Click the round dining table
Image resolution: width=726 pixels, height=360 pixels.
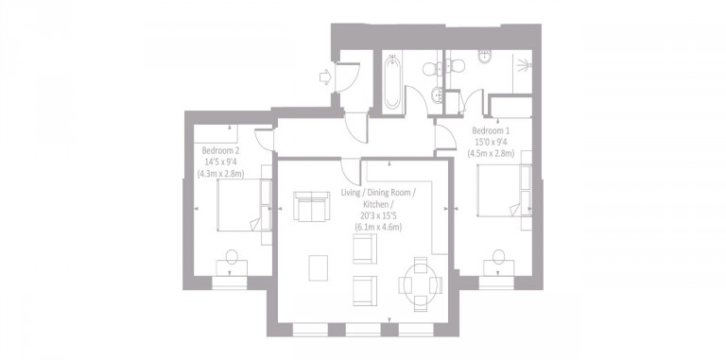[x=420, y=281]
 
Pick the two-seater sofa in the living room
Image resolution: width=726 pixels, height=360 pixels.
[x=308, y=207]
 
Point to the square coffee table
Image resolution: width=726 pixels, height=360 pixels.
[x=320, y=268]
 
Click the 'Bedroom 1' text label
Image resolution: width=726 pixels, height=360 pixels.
[x=491, y=129]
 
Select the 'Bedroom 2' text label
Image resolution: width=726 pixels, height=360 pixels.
[x=220, y=149]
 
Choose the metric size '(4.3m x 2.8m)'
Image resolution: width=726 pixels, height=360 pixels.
[x=220, y=173]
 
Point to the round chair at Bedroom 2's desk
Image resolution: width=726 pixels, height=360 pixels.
[x=231, y=259]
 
